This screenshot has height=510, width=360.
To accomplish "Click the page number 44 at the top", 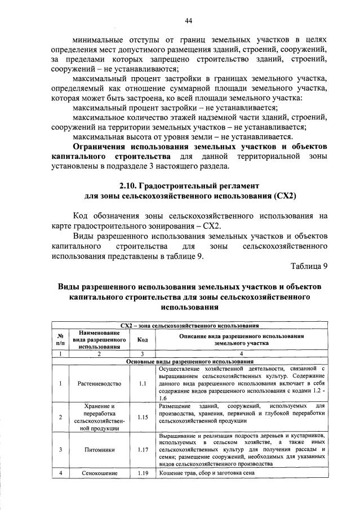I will click(189, 21).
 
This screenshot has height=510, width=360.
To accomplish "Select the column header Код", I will click(142, 339).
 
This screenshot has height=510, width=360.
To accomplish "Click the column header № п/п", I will click(60, 339).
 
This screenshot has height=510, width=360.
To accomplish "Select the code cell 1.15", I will click(142, 417).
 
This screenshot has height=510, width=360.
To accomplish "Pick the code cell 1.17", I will click(142, 450).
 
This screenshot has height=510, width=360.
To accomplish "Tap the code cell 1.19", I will click(142, 473).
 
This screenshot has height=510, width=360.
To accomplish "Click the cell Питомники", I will click(98, 450).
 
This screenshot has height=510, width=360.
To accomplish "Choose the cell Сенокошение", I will click(98, 473).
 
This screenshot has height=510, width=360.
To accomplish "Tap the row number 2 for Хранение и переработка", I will click(60, 417).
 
